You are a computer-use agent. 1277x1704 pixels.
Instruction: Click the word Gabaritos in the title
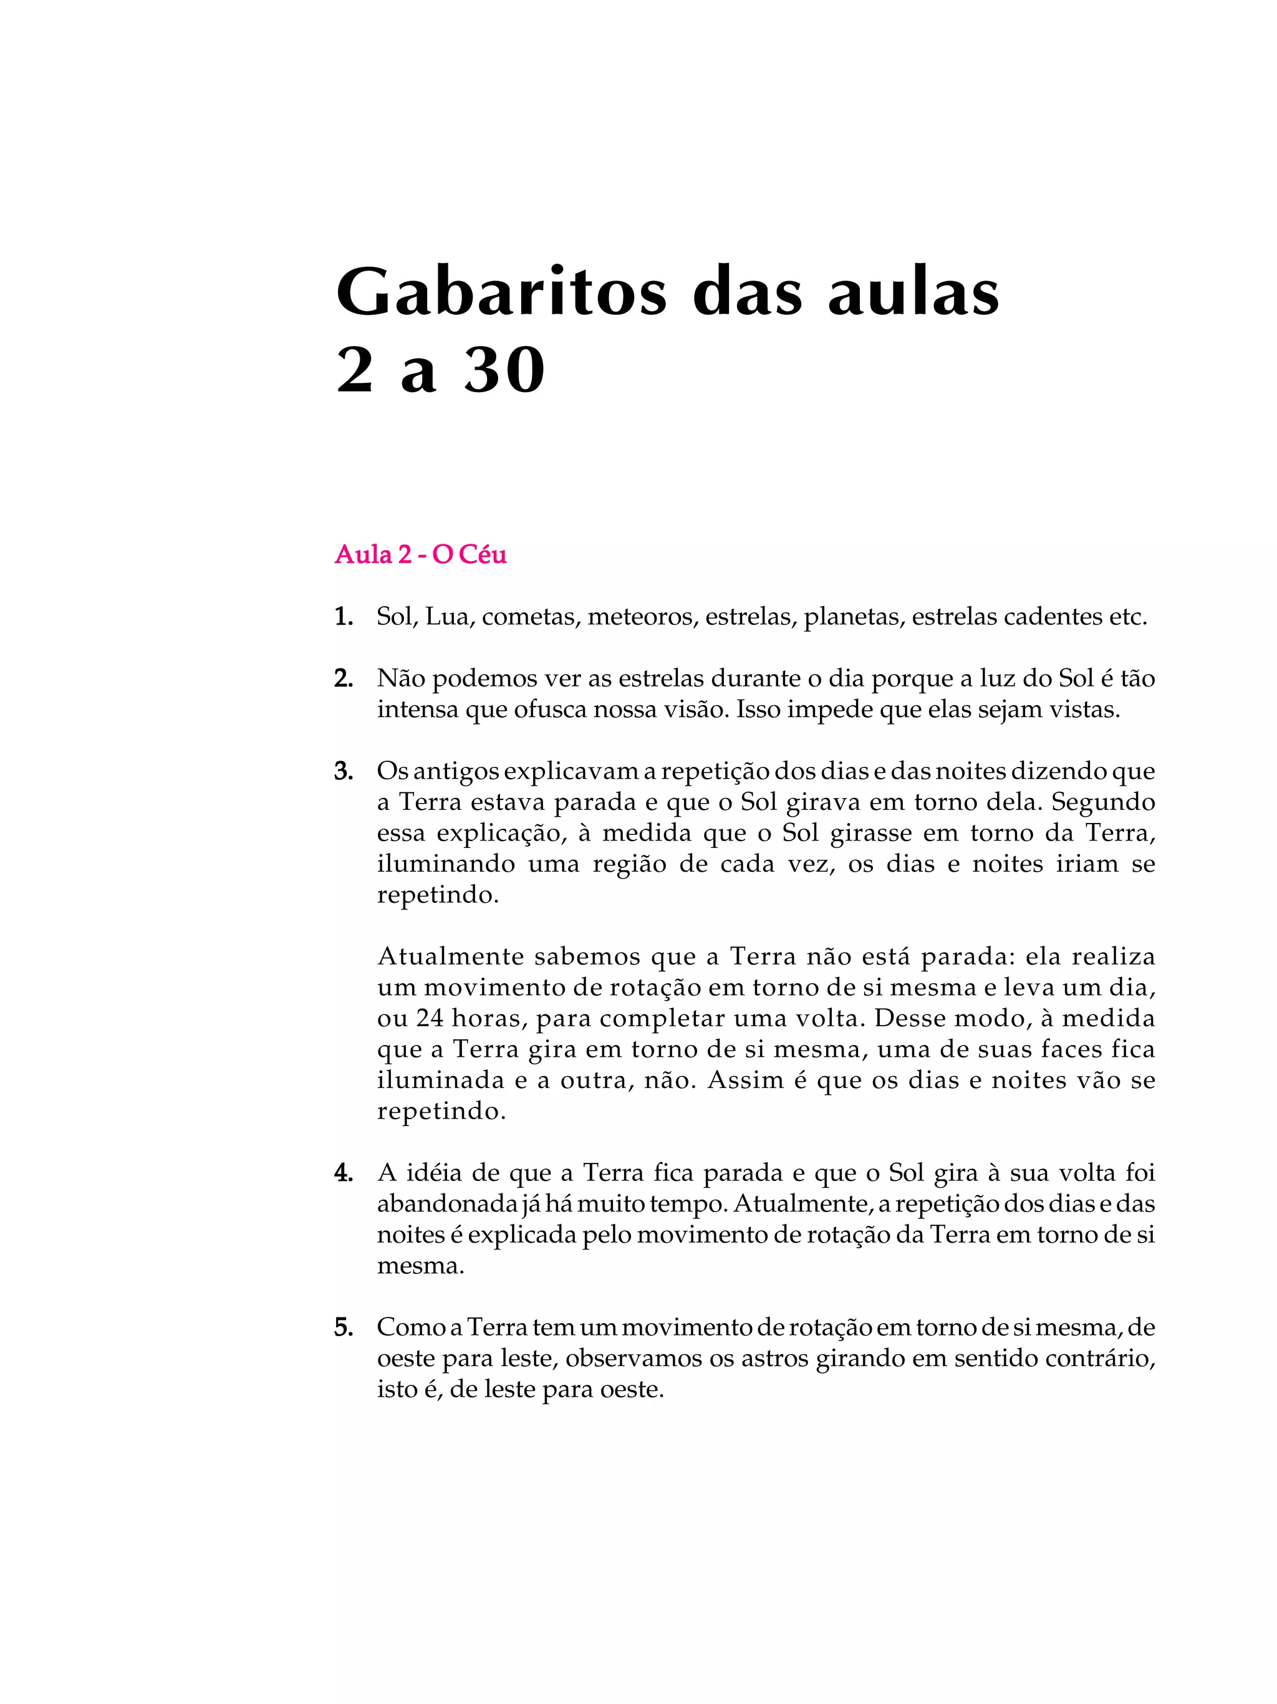501,294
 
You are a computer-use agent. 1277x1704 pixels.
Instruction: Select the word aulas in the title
913,294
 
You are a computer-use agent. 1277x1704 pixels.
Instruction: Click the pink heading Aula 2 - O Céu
420,555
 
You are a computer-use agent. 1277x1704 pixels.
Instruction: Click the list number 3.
344,771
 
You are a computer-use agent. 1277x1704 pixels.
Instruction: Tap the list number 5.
344,1327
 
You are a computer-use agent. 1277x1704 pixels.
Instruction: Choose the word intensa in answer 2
417,710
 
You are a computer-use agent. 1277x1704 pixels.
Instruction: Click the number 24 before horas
430,1018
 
